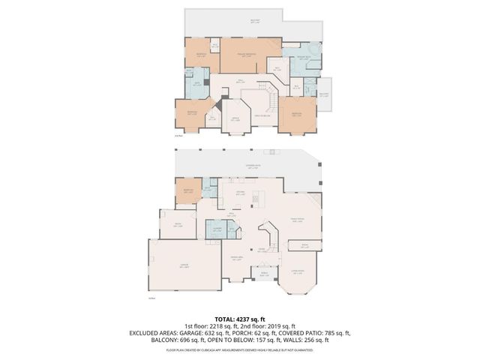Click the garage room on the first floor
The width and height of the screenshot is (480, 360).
[x=184, y=265]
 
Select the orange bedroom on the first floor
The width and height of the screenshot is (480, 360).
[x=187, y=191]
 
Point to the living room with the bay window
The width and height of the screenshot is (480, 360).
[x=298, y=271]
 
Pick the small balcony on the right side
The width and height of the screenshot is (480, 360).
[x=324, y=94]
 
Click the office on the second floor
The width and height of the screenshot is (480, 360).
[x=235, y=118]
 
